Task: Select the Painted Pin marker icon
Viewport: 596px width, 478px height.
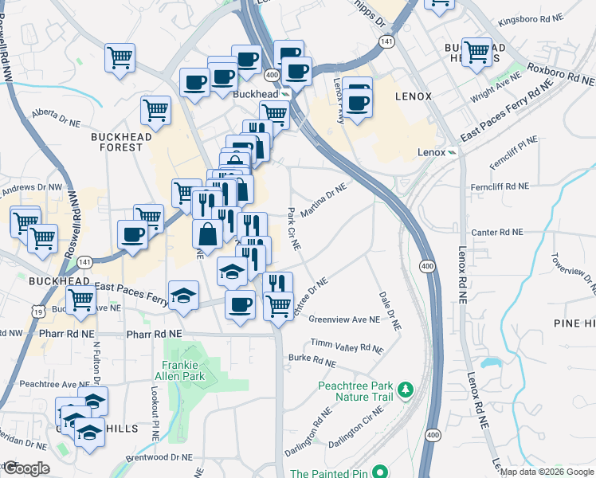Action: click(x=380, y=472)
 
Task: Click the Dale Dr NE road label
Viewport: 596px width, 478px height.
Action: click(x=390, y=310)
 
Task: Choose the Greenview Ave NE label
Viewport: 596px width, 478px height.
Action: click(x=344, y=319)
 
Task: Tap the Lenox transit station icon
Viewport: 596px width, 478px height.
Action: click(x=451, y=151)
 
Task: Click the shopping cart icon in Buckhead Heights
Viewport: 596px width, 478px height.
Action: click(x=476, y=52)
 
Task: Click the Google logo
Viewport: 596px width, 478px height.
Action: click(x=25, y=468)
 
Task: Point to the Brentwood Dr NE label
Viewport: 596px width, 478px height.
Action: click(x=164, y=458)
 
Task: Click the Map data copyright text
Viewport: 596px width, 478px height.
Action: click(x=546, y=472)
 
